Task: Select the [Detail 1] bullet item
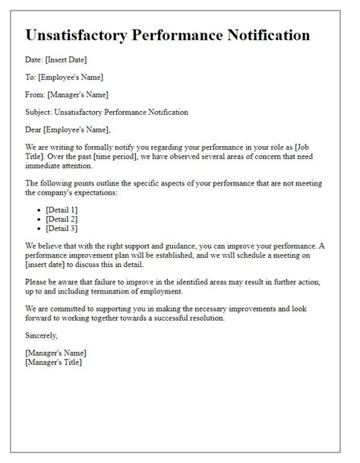click(62, 209)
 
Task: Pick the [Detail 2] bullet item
click(62, 218)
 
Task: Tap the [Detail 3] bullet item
click(62, 227)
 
